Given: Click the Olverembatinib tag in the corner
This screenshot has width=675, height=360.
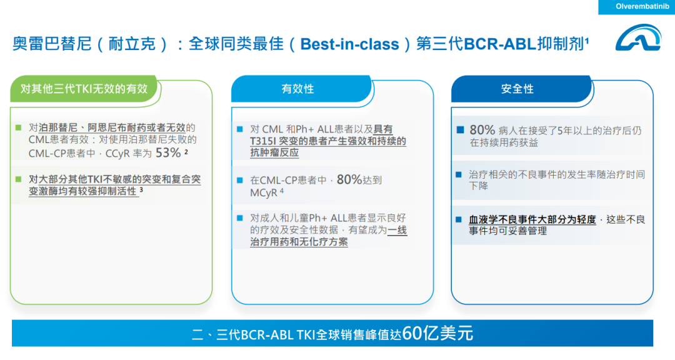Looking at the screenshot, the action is (x=637, y=7).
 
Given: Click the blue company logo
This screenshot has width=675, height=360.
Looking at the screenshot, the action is (x=638, y=38).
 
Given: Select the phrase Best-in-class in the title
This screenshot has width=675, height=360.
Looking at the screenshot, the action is (x=349, y=44).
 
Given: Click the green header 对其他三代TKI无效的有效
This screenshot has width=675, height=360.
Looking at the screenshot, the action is (x=84, y=89).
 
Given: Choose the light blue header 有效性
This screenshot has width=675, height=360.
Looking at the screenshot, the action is (x=298, y=89).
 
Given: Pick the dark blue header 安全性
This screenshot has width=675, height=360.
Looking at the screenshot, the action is (x=517, y=89).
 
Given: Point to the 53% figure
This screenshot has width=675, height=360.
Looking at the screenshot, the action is (x=168, y=153).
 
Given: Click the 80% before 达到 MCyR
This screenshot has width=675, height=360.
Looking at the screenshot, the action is (x=349, y=179).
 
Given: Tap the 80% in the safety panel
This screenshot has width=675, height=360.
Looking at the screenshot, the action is (x=482, y=129).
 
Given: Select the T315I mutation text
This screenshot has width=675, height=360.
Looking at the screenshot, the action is (x=264, y=141).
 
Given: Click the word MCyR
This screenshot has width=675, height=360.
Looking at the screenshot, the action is (x=264, y=192).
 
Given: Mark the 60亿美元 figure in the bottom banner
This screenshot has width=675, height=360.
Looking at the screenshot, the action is (x=437, y=333).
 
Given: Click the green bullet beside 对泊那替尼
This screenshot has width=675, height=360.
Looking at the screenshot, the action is (x=19, y=127).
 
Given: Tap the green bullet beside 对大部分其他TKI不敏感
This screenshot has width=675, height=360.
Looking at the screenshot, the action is (x=19, y=179).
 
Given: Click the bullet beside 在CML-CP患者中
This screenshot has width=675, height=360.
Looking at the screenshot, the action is (x=240, y=180).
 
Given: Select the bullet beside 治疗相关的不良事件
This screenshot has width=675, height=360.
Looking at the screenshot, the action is (x=459, y=174).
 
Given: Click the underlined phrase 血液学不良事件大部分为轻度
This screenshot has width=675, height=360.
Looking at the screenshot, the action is (x=532, y=219).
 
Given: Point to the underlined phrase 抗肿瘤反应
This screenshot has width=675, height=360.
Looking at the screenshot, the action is (x=274, y=153).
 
